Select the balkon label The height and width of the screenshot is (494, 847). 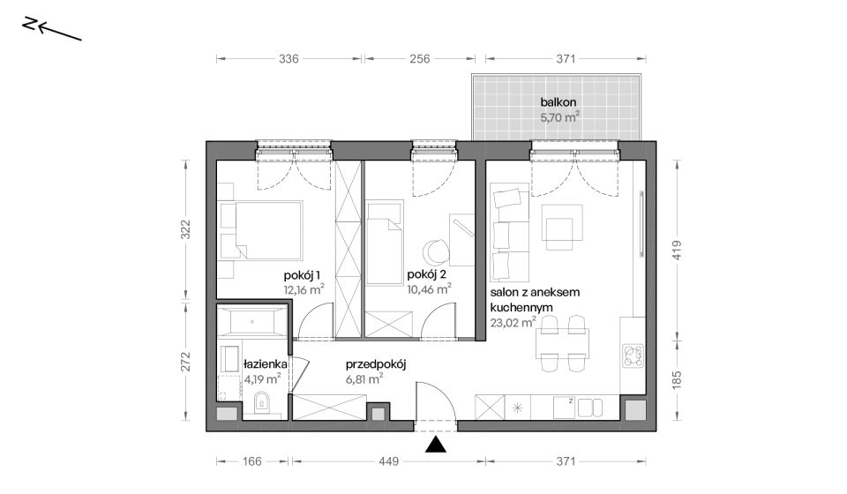tap(558, 102)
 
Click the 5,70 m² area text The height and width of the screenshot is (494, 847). tap(560, 116)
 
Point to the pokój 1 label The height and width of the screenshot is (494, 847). tap(302, 275)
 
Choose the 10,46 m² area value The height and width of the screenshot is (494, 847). tap(430, 288)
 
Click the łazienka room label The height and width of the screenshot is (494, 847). tap(266, 364)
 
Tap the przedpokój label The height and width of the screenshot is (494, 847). tap(376, 364)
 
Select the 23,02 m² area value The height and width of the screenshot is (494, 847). tap(513, 323)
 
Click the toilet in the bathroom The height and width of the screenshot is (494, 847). tap(261, 401)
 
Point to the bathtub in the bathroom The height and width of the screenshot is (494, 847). tap(251, 322)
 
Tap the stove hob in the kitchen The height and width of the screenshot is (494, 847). tap(633, 356)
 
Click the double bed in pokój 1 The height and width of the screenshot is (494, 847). tap(259, 231)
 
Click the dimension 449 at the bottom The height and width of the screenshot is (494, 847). tap(388, 461)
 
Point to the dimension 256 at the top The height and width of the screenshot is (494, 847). tap(420, 58)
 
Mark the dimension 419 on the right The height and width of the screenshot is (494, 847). tap(677, 251)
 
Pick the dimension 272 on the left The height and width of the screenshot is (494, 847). tap(185, 361)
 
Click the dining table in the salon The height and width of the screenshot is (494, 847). tap(563, 343)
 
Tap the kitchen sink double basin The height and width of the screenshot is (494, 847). tap(589, 408)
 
